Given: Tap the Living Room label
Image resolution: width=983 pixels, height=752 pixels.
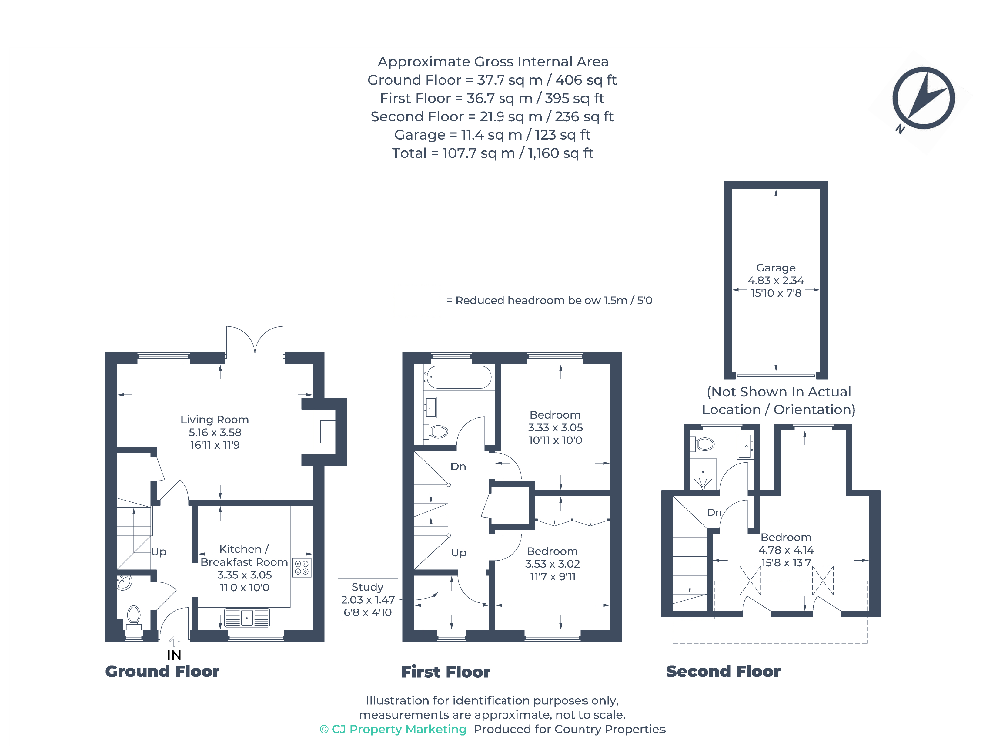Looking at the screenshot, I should pyautogui.click(x=215, y=420).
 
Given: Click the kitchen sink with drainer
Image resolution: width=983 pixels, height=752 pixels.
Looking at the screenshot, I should pyautogui.click(x=247, y=618).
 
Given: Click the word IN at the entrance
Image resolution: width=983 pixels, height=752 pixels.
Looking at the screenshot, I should pyautogui.click(x=174, y=655).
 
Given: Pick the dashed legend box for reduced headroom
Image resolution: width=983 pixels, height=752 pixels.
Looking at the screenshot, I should pyautogui.click(x=417, y=301).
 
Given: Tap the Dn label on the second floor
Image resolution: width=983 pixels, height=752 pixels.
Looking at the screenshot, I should pyautogui.click(x=714, y=513).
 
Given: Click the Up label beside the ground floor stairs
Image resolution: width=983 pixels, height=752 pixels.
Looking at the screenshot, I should pyautogui.click(x=159, y=551).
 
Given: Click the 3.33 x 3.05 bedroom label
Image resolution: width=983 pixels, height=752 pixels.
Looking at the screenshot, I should pyautogui.click(x=555, y=427).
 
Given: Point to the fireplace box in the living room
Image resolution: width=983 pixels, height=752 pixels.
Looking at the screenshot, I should pyautogui.click(x=328, y=432).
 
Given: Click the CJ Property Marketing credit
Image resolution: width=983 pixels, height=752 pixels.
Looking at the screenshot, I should pyautogui.click(x=393, y=729).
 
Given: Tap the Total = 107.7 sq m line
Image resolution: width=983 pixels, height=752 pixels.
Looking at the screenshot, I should pyautogui.click(x=492, y=153).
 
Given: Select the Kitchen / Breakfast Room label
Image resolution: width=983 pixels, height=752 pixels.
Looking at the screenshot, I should pyautogui.click(x=244, y=555).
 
